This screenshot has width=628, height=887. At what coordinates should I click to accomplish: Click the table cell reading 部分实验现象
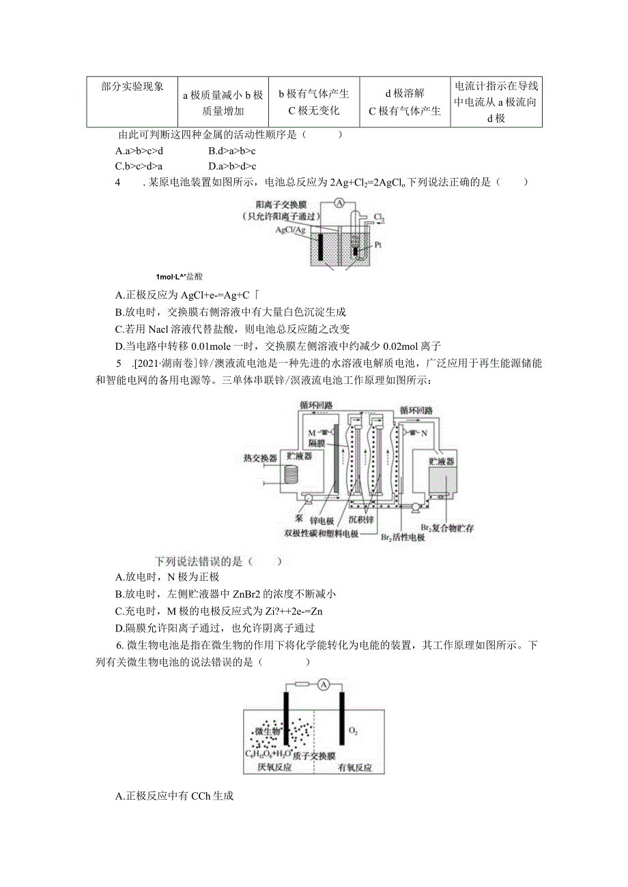(x=132, y=87)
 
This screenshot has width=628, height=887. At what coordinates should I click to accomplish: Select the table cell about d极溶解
(x=404, y=102)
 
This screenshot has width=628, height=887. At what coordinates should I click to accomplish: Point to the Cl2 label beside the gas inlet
(x=380, y=218)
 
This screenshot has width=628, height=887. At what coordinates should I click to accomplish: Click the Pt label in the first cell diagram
(x=377, y=244)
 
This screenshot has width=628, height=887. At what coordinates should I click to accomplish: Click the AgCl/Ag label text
(x=289, y=230)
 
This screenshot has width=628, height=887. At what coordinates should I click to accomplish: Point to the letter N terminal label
(x=423, y=432)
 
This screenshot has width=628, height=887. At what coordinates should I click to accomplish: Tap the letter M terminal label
(x=312, y=433)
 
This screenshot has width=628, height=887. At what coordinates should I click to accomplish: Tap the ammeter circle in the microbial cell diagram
(x=324, y=684)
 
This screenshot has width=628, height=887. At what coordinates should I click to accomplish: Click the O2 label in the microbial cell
(x=353, y=732)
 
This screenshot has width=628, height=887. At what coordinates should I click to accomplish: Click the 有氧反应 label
(x=355, y=768)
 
